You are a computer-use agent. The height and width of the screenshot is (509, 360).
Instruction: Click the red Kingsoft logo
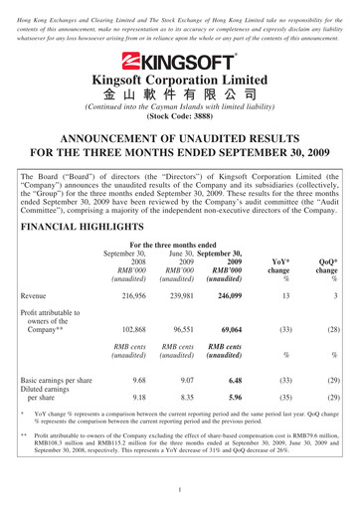coord(180,60)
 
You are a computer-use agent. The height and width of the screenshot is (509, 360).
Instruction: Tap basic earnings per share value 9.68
coord(138,406)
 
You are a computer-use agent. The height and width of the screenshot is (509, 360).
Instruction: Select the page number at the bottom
coord(180,491)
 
